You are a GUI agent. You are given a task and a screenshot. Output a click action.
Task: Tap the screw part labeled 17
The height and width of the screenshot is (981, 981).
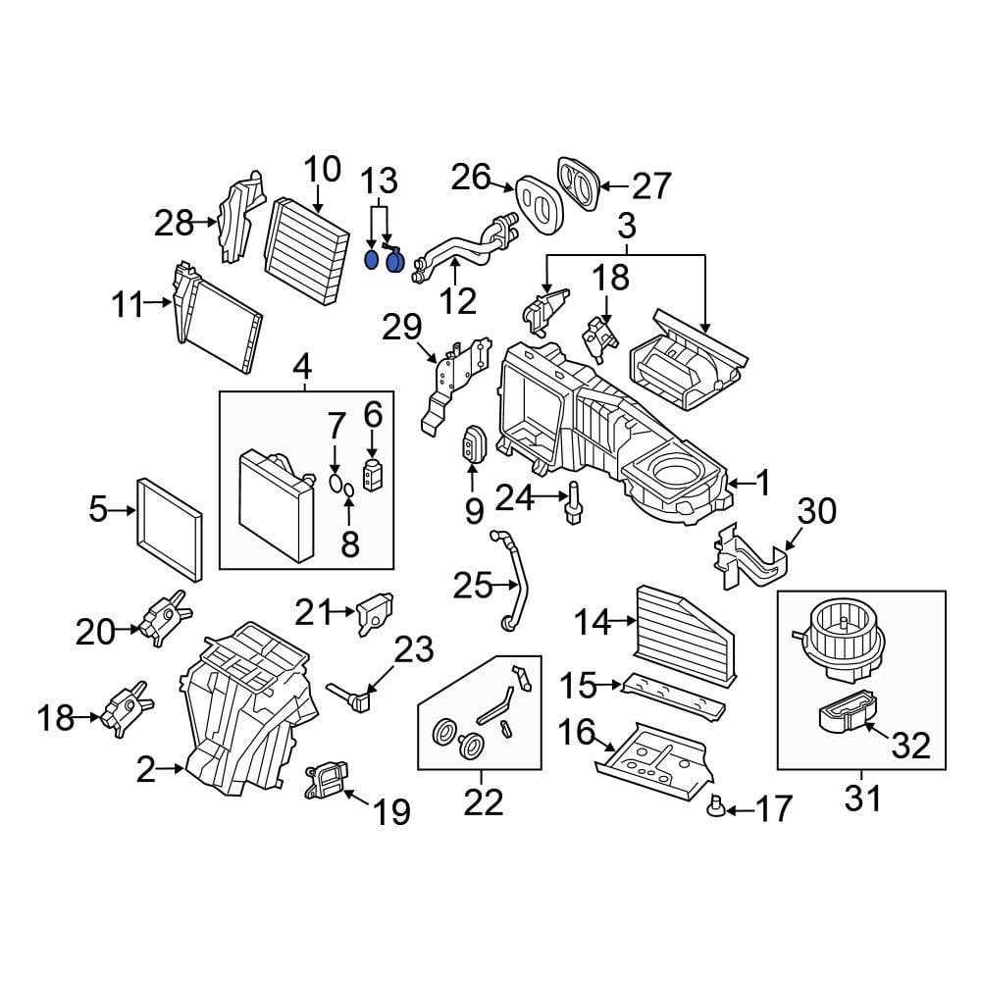point(718,806)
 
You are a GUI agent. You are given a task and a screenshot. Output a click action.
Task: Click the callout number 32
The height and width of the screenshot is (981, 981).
point(910,747)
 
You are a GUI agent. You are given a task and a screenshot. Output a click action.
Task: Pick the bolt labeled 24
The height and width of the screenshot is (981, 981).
point(572,504)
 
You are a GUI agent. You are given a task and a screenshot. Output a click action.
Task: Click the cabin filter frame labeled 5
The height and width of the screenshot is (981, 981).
point(170,527)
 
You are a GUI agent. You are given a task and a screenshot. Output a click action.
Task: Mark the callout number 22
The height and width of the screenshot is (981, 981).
point(483,801)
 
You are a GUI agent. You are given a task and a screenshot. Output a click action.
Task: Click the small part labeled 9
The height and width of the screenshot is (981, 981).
point(474,446)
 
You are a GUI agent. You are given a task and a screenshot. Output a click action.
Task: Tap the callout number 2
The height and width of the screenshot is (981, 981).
point(146,771)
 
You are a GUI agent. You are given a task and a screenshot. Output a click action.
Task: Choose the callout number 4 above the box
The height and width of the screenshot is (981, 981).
point(303,369)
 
